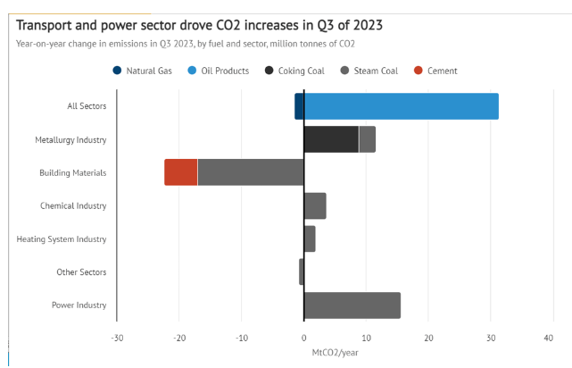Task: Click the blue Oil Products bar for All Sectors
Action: pyautogui.click(x=401, y=106)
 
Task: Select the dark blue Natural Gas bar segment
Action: pyautogui.click(x=299, y=106)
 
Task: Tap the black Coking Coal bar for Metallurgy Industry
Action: pyautogui.click(x=331, y=139)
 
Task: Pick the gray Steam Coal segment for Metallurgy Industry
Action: pyautogui.click(x=367, y=139)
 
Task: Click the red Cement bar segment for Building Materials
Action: pyautogui.click(x=181, y=172)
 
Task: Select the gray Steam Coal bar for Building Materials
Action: pyautogui.click(x=251, y=172)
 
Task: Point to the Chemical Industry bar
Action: pyautogui.click(x=315, y=205)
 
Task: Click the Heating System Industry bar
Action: pyautogui.click(x=310, y=238)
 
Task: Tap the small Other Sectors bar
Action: pyautogui.click(x=302, y=272)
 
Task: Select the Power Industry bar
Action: pyautogui.click(x=352, y=305)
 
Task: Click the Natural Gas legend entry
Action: pyautogui.click(x=147, y=71)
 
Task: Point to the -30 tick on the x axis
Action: pyautogui.click(x=117, y=338)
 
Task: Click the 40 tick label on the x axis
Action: pyautogui.click(x=549, y=338)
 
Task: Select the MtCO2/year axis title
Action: pyautogui.click(x=334, y=352)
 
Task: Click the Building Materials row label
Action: pyautogui.click(x=72, y=172)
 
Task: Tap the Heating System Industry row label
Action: pyautogui.click(x=62, y=238)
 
